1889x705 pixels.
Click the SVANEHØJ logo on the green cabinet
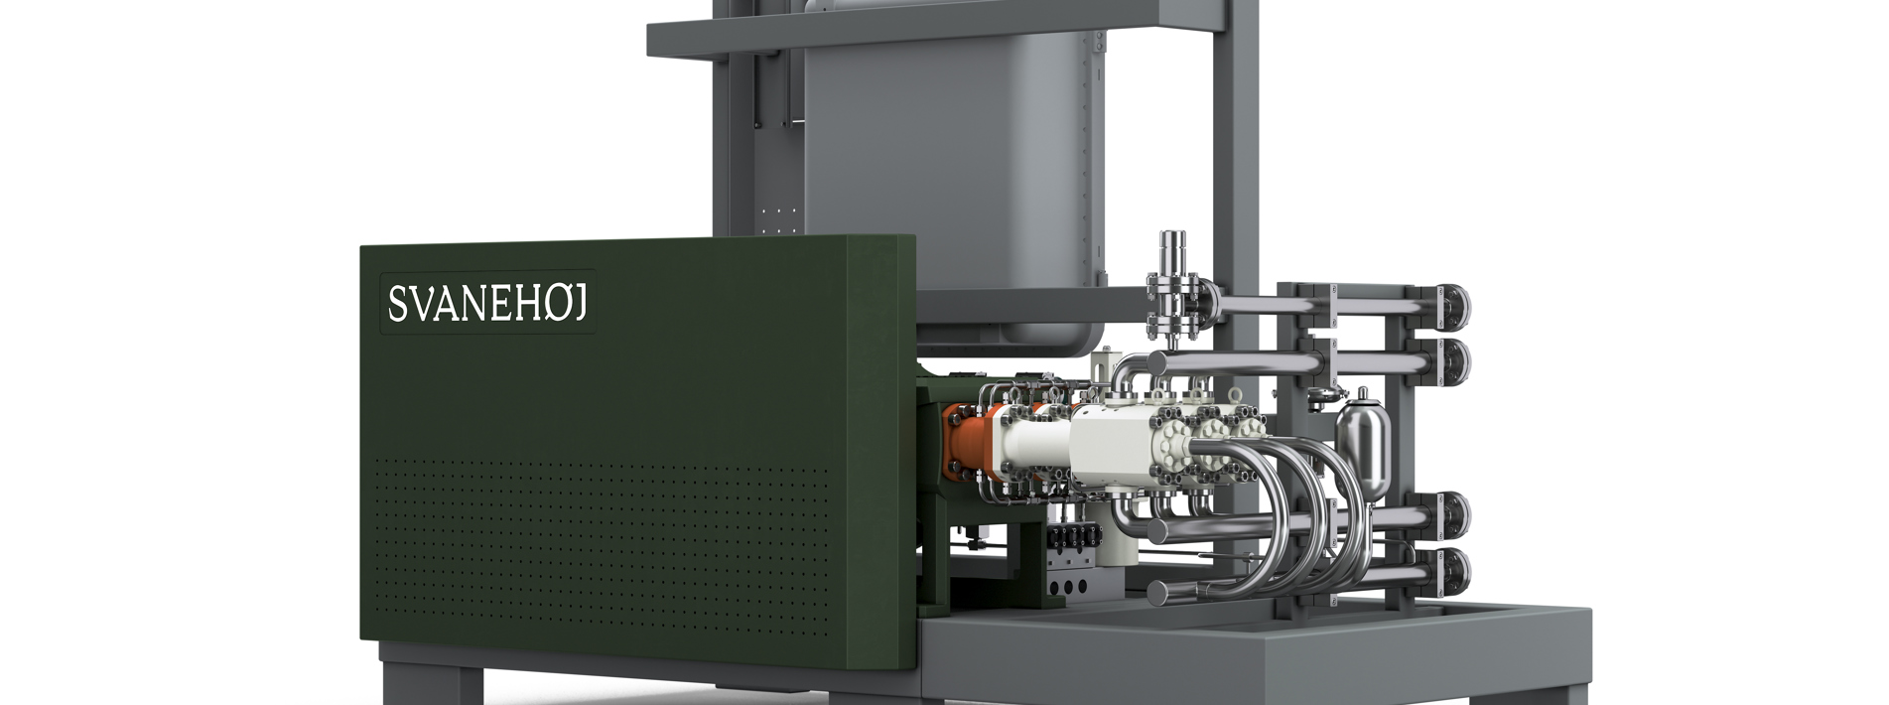pos(488,303)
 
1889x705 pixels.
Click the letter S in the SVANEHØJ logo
pos(396,304)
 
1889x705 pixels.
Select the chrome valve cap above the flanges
pos(1174,245)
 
